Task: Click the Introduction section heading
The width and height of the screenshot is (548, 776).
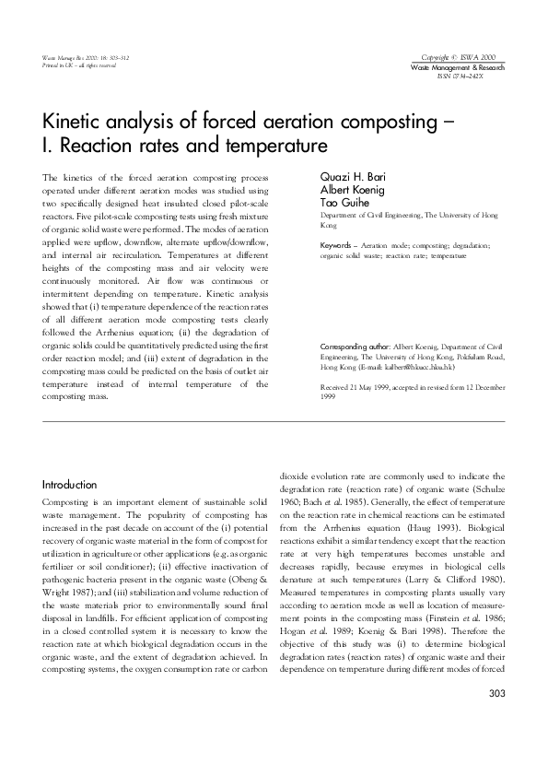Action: pyautogui.click(x=70, y=485)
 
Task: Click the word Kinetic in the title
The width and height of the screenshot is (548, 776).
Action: pyautogui.click(x=74, y=122)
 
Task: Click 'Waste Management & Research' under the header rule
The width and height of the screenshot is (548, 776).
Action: pyautogui.click(x=457, y=69)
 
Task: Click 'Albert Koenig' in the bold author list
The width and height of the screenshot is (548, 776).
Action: pyautogui.click(x=348, y=192)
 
